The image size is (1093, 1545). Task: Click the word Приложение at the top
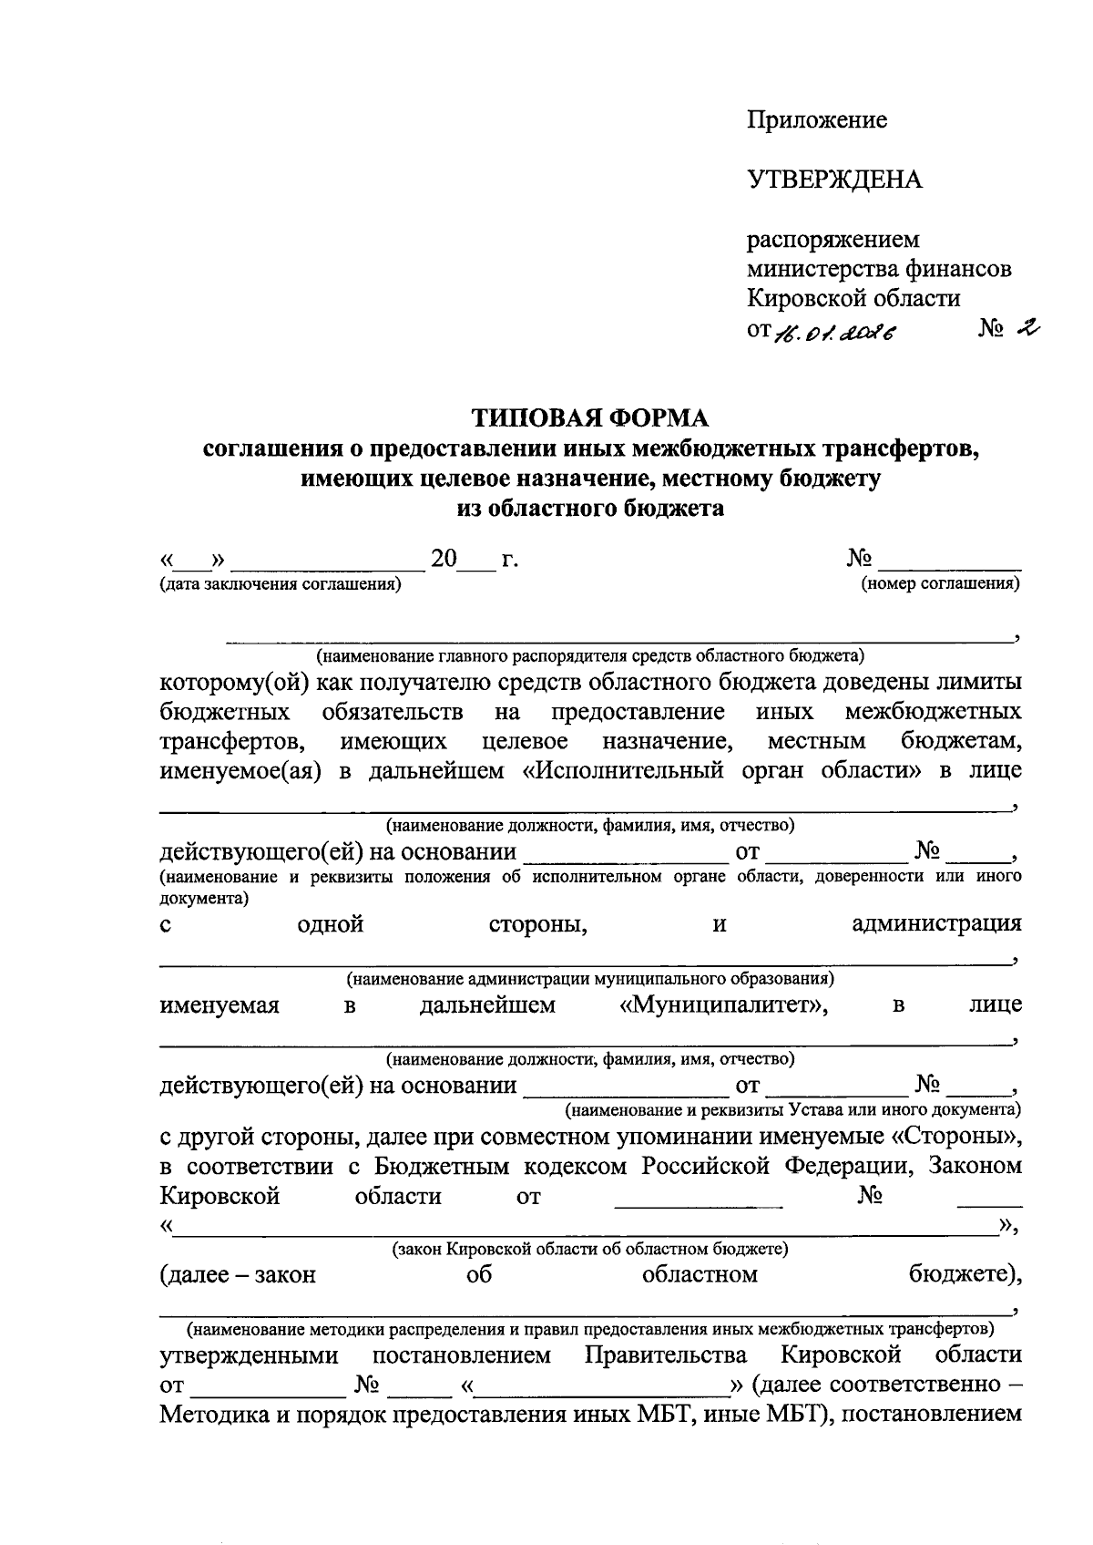click(817, 120)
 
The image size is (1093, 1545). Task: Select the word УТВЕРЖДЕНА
click(834, 180)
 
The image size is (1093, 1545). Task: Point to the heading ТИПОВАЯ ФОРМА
click(589, 417)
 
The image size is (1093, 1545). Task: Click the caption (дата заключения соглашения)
click(281, 585)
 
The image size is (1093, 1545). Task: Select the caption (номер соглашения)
click(940, 584)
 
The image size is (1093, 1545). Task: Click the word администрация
click(935, 924)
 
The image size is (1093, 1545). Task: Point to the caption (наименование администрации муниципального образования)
click(589, 979)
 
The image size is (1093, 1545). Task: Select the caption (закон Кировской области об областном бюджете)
click(589, 1249)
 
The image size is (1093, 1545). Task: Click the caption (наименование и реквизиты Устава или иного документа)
click(792, 1110)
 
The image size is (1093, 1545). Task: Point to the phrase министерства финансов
click(878, 269)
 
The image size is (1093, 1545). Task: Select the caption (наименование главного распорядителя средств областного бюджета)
click(589, 655)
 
